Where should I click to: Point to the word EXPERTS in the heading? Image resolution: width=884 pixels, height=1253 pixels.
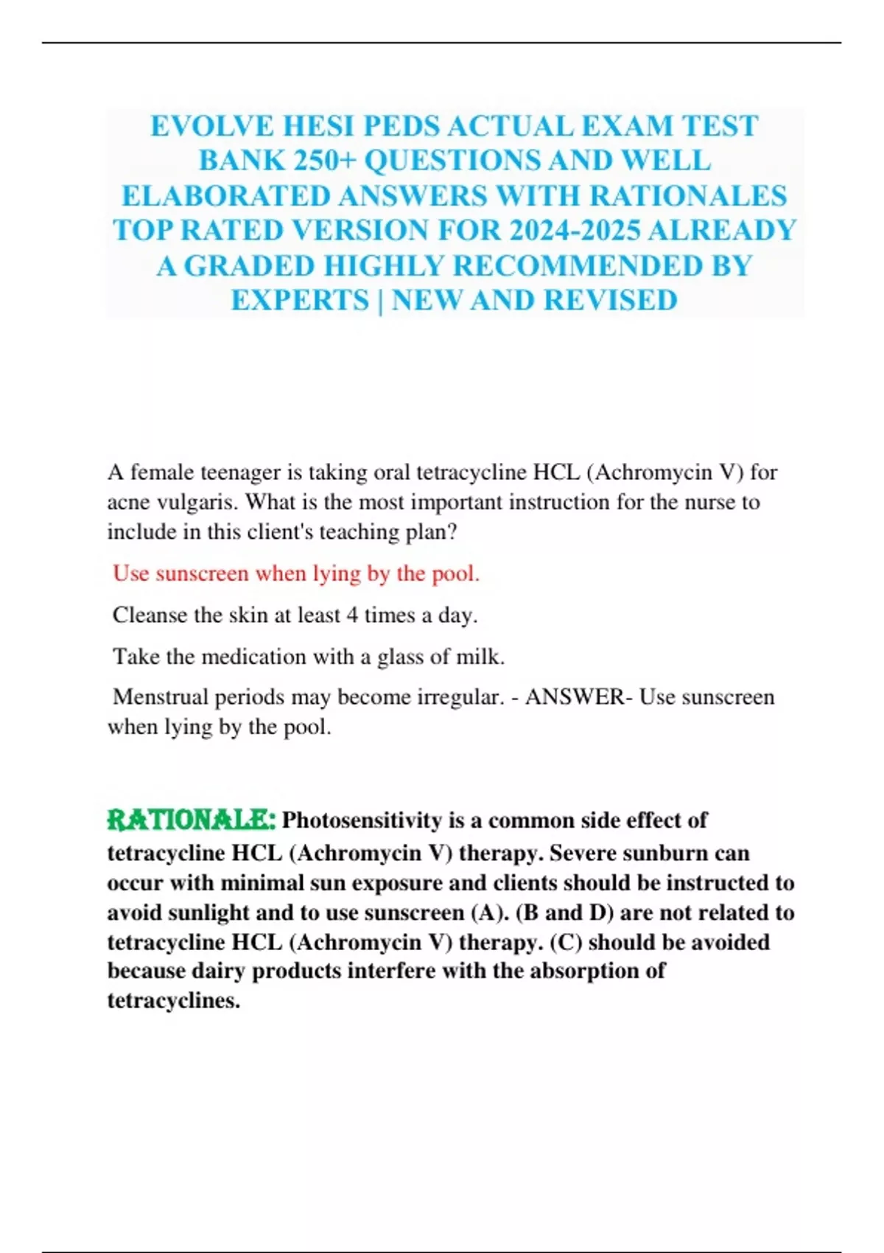pos(300,301)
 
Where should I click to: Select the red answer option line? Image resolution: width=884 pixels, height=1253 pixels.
pos(295,573)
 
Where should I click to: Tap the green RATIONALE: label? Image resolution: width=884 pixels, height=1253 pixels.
pos(192,820)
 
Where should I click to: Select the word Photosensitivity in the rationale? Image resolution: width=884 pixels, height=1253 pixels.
pos(362,820)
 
